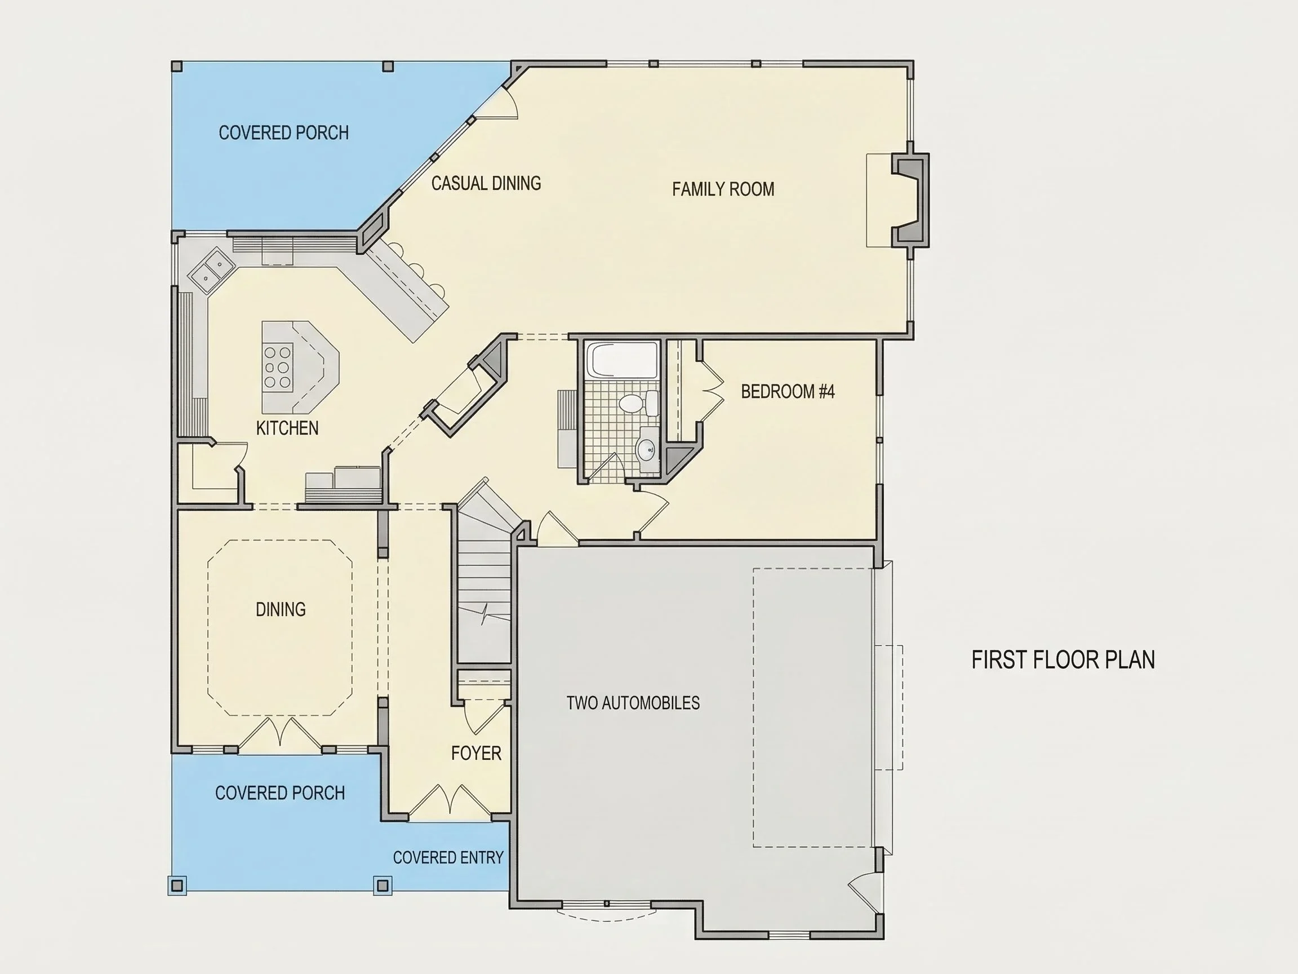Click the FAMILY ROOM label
point(723,189)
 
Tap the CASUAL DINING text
point(486,183)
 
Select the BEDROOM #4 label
point(788,392)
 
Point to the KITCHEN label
point(287,428)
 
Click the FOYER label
point(476,753)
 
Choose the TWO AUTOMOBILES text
point(633,703)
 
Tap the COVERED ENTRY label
point(448,858)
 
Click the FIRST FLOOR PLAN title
point(1063,660)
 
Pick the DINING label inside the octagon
point(281,609)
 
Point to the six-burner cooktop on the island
point(278,368)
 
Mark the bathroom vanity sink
point(647,450)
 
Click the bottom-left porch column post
point(177,885)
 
